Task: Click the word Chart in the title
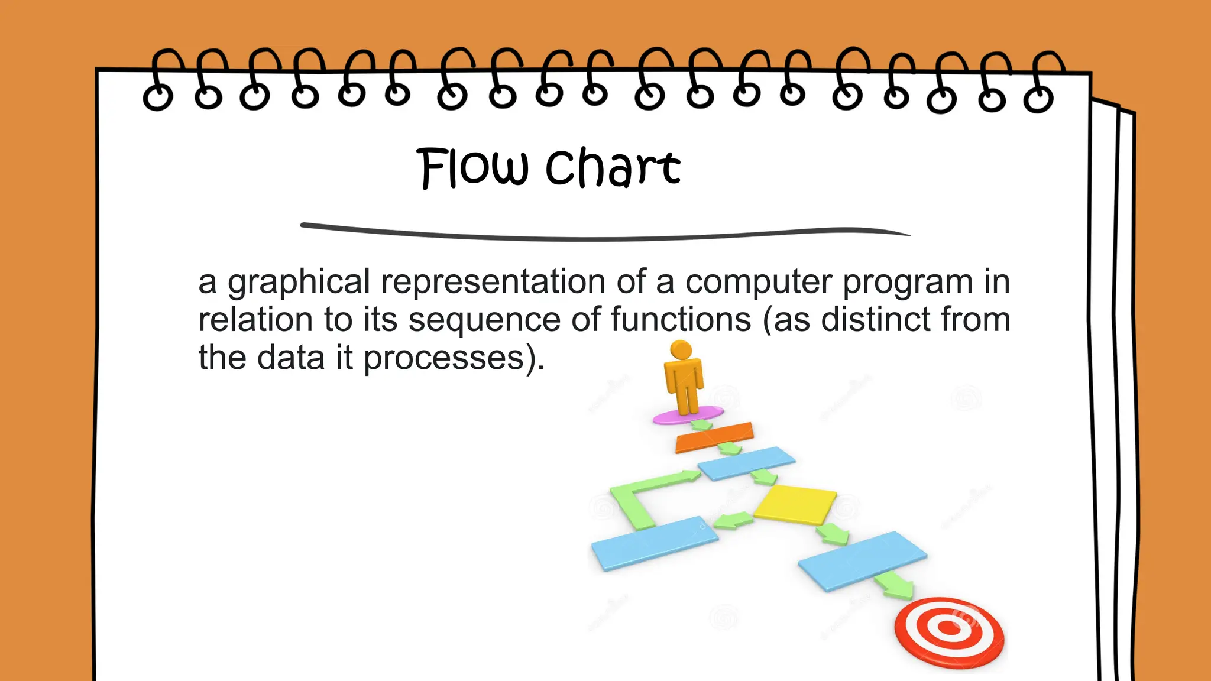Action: (x=613, y=168)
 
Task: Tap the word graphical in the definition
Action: (x=299, y=283)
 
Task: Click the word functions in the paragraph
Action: (x=681, y=320)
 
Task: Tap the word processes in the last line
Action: (x=444, y=358)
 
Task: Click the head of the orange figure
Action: (x=681, y=349)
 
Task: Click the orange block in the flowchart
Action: (x=714, y=437)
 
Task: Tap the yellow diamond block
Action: (x=795, y=504)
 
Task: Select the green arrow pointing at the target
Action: (x=895, y=586)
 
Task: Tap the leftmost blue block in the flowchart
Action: (x=655, y=542)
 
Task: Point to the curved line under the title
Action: (x=603, y=235)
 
